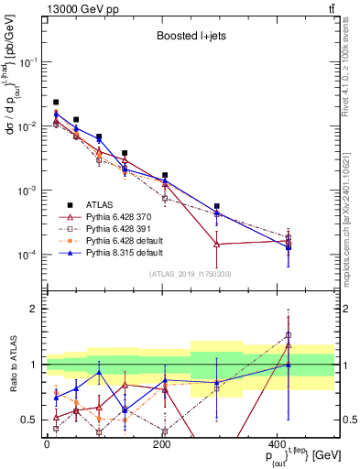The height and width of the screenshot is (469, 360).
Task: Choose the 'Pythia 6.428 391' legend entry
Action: pos(123,228)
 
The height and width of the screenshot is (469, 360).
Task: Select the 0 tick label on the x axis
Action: pos(47,444)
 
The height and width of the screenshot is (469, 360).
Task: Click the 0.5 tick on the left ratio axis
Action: pos(32,420)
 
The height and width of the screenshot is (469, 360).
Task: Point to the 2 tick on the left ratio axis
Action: pos(36,309)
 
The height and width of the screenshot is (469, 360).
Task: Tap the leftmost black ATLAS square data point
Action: pos(56,103)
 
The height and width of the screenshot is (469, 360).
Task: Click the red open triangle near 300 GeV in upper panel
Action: pos(216,244)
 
